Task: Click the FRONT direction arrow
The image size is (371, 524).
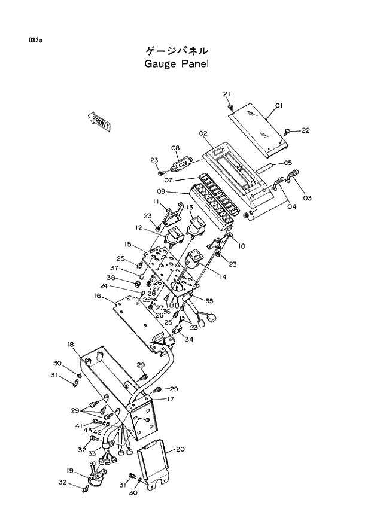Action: click(x=100, y=121)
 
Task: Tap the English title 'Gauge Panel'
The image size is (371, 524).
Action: click(x=177, y=63)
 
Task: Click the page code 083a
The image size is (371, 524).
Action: click(x=35, y=40)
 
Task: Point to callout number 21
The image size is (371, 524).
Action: click(x=227, y=95)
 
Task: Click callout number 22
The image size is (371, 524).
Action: click(x=305, y=130)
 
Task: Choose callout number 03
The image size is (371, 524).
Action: click(x=307, y=197)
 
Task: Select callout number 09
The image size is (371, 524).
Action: click(x=160, y=191)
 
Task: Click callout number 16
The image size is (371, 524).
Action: click(x=96, y=295)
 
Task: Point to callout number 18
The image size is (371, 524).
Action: click(x=70, y=344)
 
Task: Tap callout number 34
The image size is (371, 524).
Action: click(x=189, y=340)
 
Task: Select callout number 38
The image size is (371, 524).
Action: click(x=111, y=278)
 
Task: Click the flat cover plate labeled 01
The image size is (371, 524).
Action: click(x=257, y=126)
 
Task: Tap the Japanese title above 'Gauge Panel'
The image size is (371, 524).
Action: click(x=177, y=51)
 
